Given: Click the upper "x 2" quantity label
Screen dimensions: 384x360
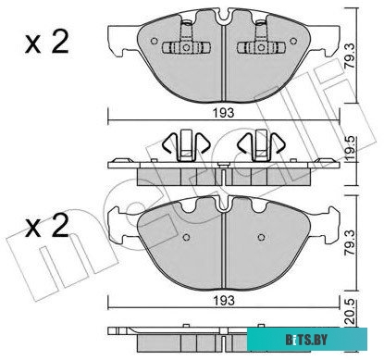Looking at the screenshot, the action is tap(47, 43).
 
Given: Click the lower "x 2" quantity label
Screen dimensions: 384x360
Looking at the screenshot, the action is tap(47, 226).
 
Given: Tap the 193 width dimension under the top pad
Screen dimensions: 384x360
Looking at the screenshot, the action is tap(224, 113).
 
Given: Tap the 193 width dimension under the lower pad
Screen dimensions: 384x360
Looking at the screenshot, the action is tap(224, 300).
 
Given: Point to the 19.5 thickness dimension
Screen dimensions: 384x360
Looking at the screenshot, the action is tap(350, 150).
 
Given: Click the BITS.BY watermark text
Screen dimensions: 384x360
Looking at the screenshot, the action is tap(306, 341).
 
